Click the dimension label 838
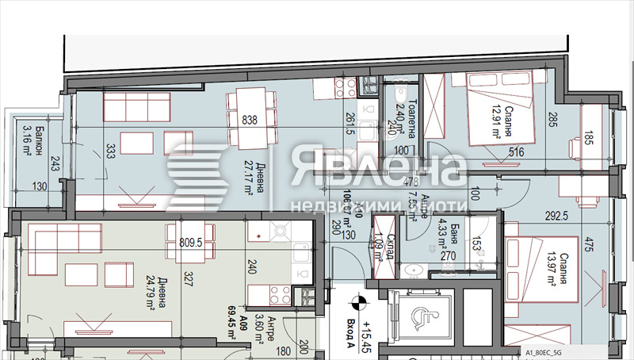pos(250,121)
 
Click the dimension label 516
pos(495,154)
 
